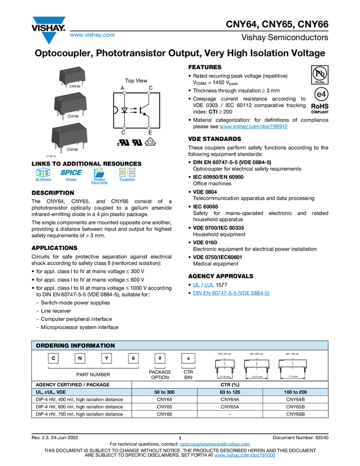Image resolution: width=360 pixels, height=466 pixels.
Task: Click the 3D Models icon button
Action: tap(43, 176)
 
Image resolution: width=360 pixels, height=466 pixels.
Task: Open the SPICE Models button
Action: tap(71, 176)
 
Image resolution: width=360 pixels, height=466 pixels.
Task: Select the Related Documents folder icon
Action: tap(99, 176)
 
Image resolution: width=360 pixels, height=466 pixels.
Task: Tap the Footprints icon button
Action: tap(127, 176)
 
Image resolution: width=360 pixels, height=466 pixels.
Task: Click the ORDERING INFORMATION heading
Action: tap(75, 345)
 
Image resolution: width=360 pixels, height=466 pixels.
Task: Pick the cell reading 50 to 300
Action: tap(164, 393)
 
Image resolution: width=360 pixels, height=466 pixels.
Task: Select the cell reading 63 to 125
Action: tap(230, 393)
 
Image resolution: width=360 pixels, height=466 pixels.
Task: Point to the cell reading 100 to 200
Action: tap(295, 393)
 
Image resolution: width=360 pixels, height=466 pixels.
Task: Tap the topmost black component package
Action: tap(71, 76)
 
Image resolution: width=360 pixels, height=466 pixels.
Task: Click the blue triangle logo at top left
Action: tap(49, 38)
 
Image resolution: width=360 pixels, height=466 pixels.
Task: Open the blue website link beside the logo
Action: tap(92, 35)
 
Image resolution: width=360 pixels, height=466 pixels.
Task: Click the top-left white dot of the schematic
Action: tap(125, 93)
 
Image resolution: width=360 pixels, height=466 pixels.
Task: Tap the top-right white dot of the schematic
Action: tap(148, 93)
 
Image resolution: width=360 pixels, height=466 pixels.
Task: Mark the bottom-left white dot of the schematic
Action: tap(125, 128)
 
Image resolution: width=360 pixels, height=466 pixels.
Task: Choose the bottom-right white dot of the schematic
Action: tap(148, 128)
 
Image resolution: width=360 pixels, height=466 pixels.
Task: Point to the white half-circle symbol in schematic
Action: tap(116, 110)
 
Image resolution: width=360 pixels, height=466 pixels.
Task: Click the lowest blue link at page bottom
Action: tap(244, 456)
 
